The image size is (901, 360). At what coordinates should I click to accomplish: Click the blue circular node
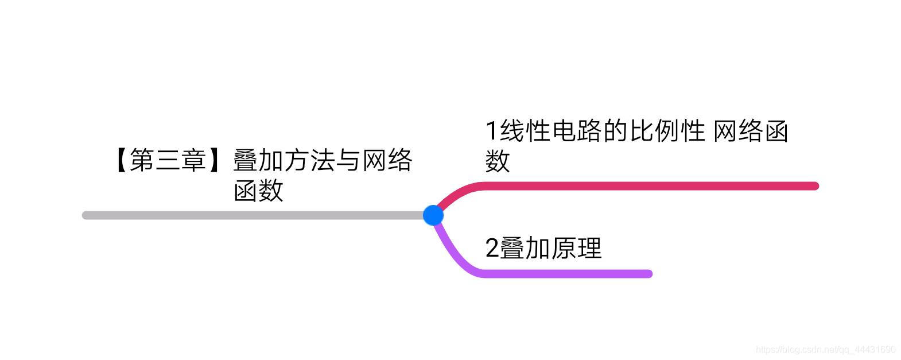click(x=433, y=215)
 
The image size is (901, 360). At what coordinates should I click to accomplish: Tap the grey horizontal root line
click(x=253, y=215)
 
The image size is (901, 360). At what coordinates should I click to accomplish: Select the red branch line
click(x=648, y=186)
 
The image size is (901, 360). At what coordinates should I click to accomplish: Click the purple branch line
click(x=568, y=274)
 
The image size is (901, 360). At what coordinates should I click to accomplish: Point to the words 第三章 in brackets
click(x=168, y=160)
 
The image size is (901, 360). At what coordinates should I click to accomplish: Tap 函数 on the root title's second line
click(x=258, y=190)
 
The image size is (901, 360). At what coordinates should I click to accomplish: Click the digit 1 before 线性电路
click(x=491, y=131)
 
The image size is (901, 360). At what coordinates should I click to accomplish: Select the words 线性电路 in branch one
click(x=552, y=131)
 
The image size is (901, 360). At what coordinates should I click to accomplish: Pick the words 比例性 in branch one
click(x=668, y=131)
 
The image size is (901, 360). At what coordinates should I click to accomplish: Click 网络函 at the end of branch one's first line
click(x=751, y=131)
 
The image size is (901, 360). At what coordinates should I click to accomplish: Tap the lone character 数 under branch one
click(x=497, y=161)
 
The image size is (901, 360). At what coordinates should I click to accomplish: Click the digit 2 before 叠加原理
click(x=492, y=248)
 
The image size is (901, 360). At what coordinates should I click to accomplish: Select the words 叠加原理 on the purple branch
click(x=551, y=248)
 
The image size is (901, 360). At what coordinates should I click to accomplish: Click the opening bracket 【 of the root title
click(x=121, y=160)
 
